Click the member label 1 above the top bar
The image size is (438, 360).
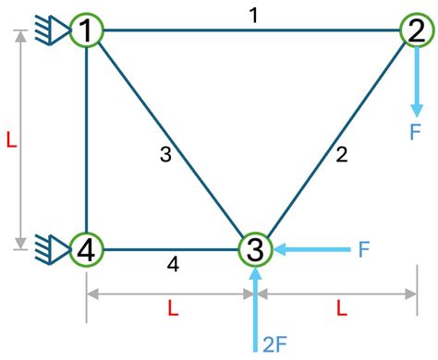point(254,16)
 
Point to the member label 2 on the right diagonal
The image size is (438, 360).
point(342,154)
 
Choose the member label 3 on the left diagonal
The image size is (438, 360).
point(165,154)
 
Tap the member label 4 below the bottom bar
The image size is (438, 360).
point(173,264)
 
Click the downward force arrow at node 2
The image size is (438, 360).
point(417,82)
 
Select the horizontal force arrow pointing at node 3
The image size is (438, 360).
point(311,249)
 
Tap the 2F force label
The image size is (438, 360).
point(275,344)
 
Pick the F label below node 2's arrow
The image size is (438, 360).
point(416,132)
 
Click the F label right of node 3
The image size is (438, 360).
point(364,249)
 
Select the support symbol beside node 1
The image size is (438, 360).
point(53,30)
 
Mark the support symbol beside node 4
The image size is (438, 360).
point(53,249)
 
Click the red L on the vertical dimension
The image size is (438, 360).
point(11,141)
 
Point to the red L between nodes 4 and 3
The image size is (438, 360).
point(173,308)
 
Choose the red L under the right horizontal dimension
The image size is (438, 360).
point(342,308)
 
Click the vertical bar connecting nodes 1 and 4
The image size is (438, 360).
point(87,139)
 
